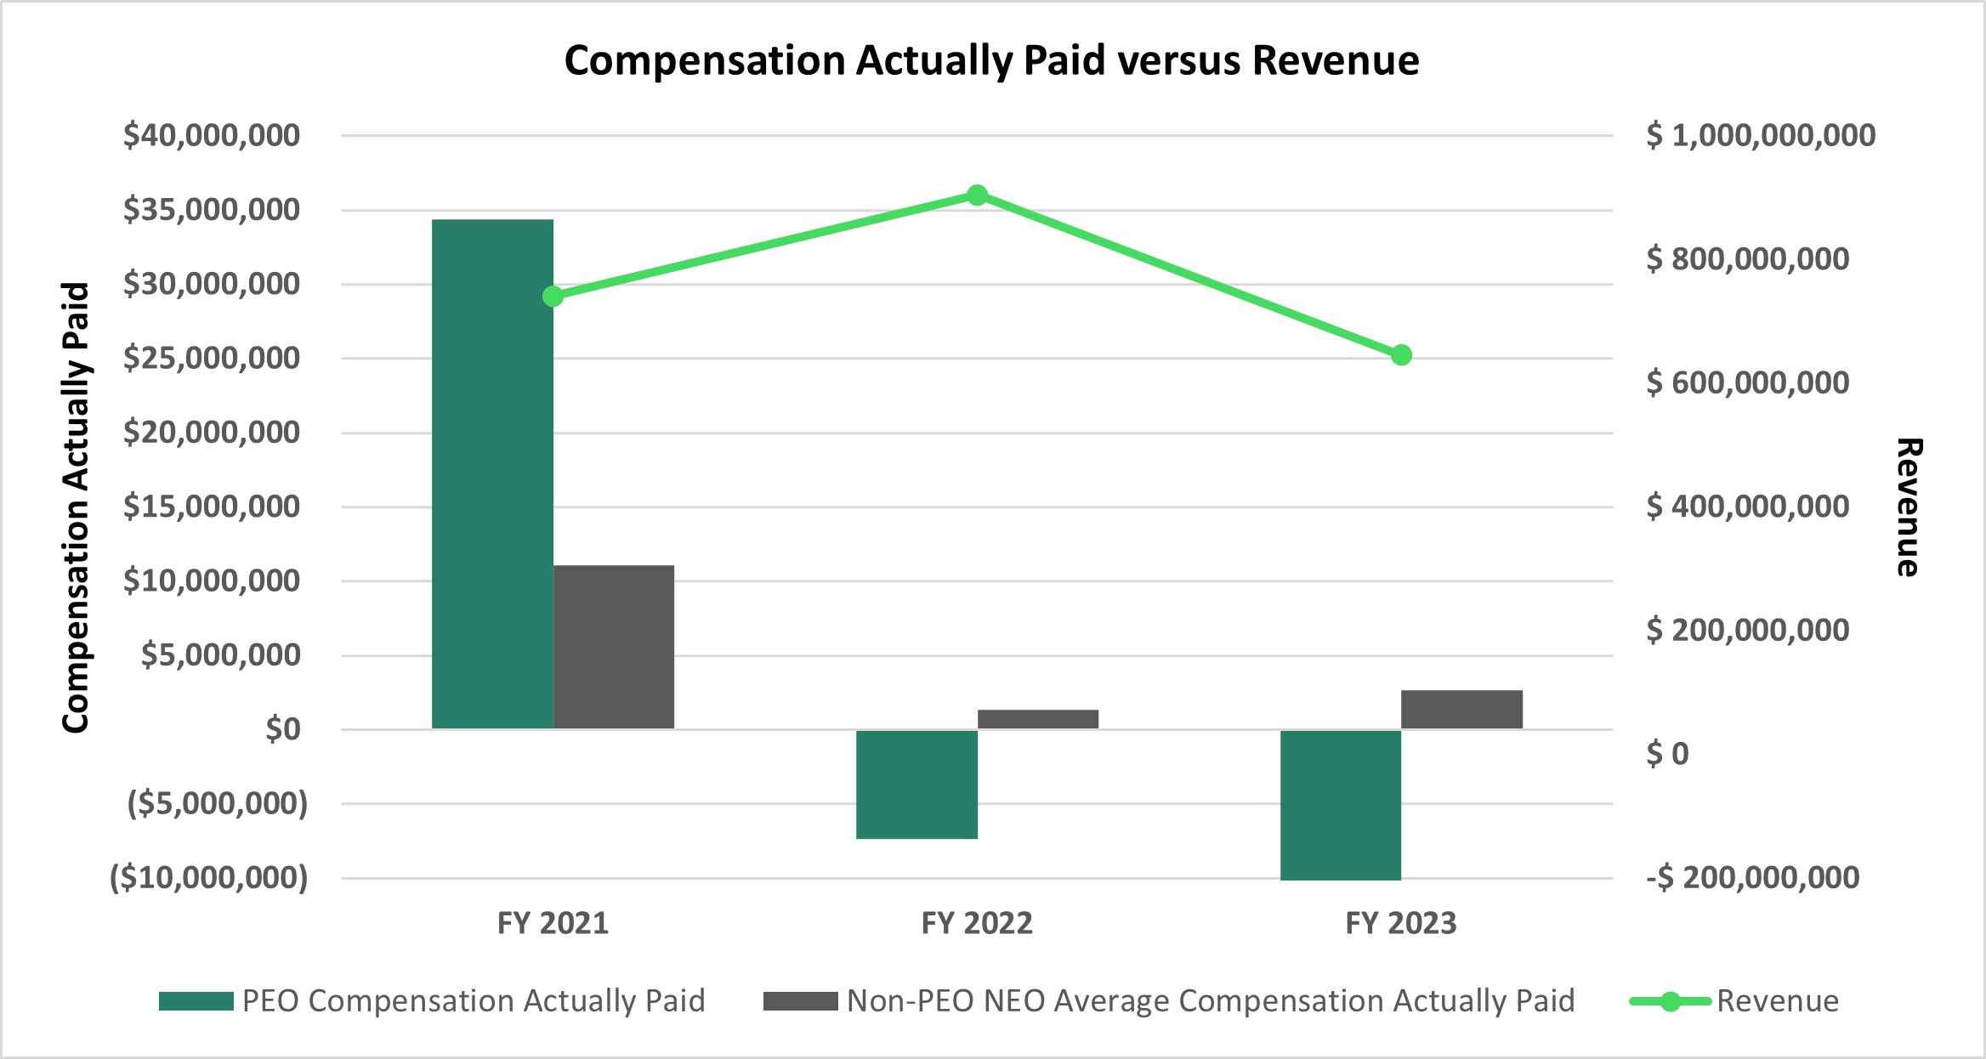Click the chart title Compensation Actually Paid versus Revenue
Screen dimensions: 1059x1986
tap(991, 61)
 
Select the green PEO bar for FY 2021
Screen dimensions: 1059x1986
tap(492, 473)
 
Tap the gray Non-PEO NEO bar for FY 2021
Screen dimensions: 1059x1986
tap(614, 647)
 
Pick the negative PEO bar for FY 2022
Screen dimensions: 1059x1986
tap(916, 784)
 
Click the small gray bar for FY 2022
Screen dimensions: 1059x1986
tap(1037, 719)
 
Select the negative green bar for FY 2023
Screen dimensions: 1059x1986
tap(1341, 804)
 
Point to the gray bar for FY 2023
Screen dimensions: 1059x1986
tap(1461, 709)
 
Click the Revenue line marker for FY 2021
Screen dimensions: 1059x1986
tap(553, 296)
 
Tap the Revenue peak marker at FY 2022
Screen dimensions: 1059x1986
tap(977, 195)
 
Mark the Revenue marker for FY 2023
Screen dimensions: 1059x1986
tap(1401, 355)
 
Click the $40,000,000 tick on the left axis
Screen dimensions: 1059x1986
tap(211, 136)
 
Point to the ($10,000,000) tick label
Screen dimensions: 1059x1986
tap(209, 877)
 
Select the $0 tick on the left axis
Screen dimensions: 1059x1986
tap(282, 729)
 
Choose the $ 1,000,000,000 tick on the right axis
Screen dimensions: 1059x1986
tap(1760, 136)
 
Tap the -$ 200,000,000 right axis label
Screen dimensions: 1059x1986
tap(1752, 877)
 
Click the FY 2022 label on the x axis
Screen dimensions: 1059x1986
tap(977, 923)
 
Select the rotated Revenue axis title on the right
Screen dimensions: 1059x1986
tap(1909, 507)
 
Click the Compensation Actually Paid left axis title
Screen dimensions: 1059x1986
tap(77, 507)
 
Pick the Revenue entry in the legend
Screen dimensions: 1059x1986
tap(1776, 1001)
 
